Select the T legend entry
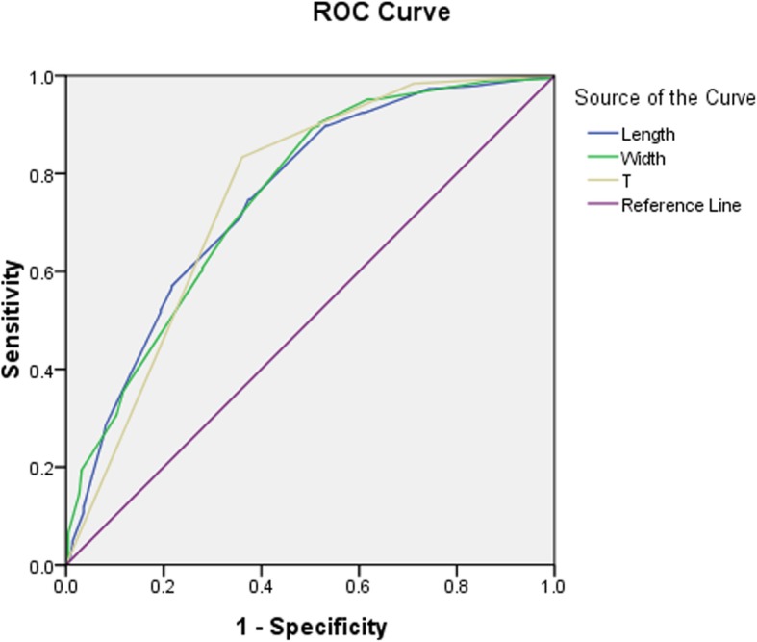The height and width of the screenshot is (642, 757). click(626, 181)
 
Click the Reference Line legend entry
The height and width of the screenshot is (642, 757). click(680, 204)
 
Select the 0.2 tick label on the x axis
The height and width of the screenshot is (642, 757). click(164, 584)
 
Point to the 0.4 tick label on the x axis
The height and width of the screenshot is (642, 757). click(261, 584)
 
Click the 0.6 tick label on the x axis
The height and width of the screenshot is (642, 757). click(358, 584)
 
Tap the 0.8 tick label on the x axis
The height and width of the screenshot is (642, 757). click(456, 584)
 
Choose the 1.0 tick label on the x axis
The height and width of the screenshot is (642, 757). click(553, 584)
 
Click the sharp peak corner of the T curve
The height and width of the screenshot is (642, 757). click(241, 157)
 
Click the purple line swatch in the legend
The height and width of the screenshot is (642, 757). click(596, 204)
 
